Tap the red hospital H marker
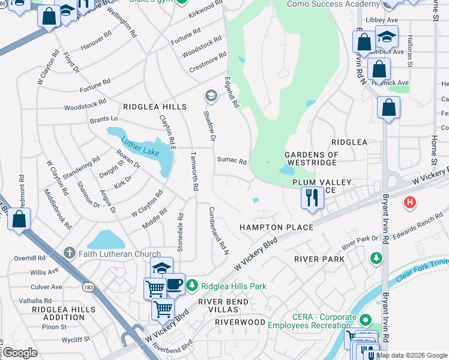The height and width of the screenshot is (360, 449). pos(411,203)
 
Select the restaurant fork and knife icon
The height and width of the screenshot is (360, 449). pos(312,197)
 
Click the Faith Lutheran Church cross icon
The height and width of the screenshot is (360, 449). pos(70,253)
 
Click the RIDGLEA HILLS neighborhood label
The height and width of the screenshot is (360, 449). pos(155,107)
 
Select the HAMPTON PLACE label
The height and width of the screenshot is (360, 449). pos(276,227)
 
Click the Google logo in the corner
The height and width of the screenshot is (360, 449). pos(20,353)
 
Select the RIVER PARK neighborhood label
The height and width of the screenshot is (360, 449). pos(319,259)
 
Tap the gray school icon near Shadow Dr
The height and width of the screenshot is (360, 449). pos(211,95)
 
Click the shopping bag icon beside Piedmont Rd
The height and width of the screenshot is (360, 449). pos(19,219)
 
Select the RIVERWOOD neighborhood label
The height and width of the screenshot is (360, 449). pos(240,322)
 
